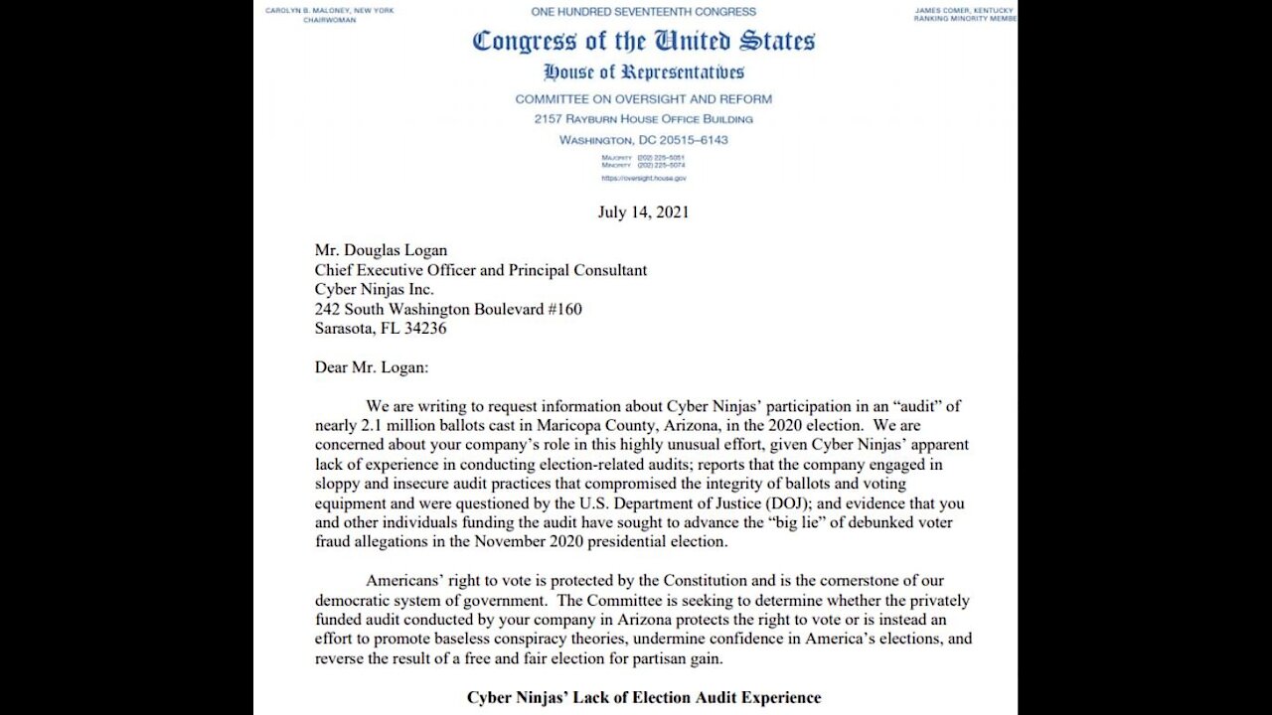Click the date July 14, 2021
(643, 212)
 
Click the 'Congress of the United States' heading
(644, 42)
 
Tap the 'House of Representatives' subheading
(644, 72)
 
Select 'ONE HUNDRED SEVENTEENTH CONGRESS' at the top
(643, 12)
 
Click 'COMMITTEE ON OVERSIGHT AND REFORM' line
(643, 99)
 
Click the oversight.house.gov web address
(643, 179)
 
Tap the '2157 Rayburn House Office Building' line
(643, 119)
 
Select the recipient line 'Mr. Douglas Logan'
(381, 250)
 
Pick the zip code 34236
(422, 329)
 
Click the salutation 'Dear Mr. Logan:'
(372, 367)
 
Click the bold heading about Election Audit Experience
(644, 697)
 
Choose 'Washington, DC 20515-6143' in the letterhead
(643, 140)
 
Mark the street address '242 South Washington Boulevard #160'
(448, 309)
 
